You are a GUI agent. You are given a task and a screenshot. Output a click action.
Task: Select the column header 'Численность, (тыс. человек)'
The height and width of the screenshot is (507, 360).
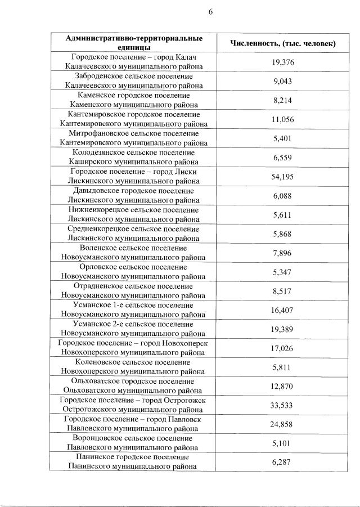click(x=283, y=43)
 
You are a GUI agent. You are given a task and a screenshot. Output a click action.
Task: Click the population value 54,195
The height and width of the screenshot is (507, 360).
click(x=283, y=177)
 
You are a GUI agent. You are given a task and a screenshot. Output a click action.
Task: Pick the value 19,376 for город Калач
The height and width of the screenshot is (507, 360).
click(x=283, y=62)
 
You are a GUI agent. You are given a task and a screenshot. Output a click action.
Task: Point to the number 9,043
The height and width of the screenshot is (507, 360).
click(x=283, y=81)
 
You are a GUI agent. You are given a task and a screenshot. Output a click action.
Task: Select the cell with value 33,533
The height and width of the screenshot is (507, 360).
click(x=283, y=405)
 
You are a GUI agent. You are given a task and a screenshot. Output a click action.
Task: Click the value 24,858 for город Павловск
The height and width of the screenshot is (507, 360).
click(x=283, y=424)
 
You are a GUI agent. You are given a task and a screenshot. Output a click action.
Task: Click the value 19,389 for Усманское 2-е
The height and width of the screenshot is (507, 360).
click(x=283, y=329)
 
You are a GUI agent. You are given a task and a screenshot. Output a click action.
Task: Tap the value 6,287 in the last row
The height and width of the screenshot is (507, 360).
click(x=283, y=462)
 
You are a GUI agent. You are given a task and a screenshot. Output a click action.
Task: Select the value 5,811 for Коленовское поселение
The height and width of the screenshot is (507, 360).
click(x=283, y=367)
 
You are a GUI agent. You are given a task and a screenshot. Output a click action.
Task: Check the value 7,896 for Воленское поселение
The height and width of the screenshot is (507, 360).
click(x=283, y=253)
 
